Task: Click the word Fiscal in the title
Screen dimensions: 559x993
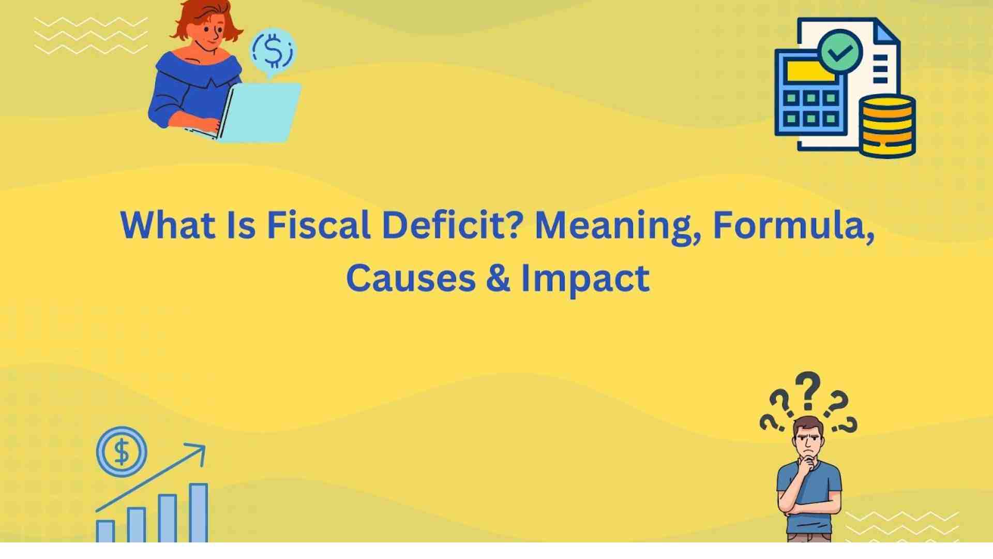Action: click(318, 226)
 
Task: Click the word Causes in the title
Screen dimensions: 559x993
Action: click(410, 278)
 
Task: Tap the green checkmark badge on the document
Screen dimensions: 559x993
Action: click(840, 51)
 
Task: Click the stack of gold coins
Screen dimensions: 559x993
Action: click(887, 126)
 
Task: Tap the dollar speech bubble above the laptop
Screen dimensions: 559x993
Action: click(273, 50)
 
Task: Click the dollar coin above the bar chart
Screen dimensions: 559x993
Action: click(122, 452)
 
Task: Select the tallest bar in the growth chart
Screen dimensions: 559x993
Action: click(198, 512)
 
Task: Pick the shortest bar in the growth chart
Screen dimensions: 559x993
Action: click(106, 531)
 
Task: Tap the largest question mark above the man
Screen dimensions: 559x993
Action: click(808, 391)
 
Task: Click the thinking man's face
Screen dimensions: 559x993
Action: click(808, 440)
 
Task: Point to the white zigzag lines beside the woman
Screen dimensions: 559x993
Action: click(91, 35)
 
